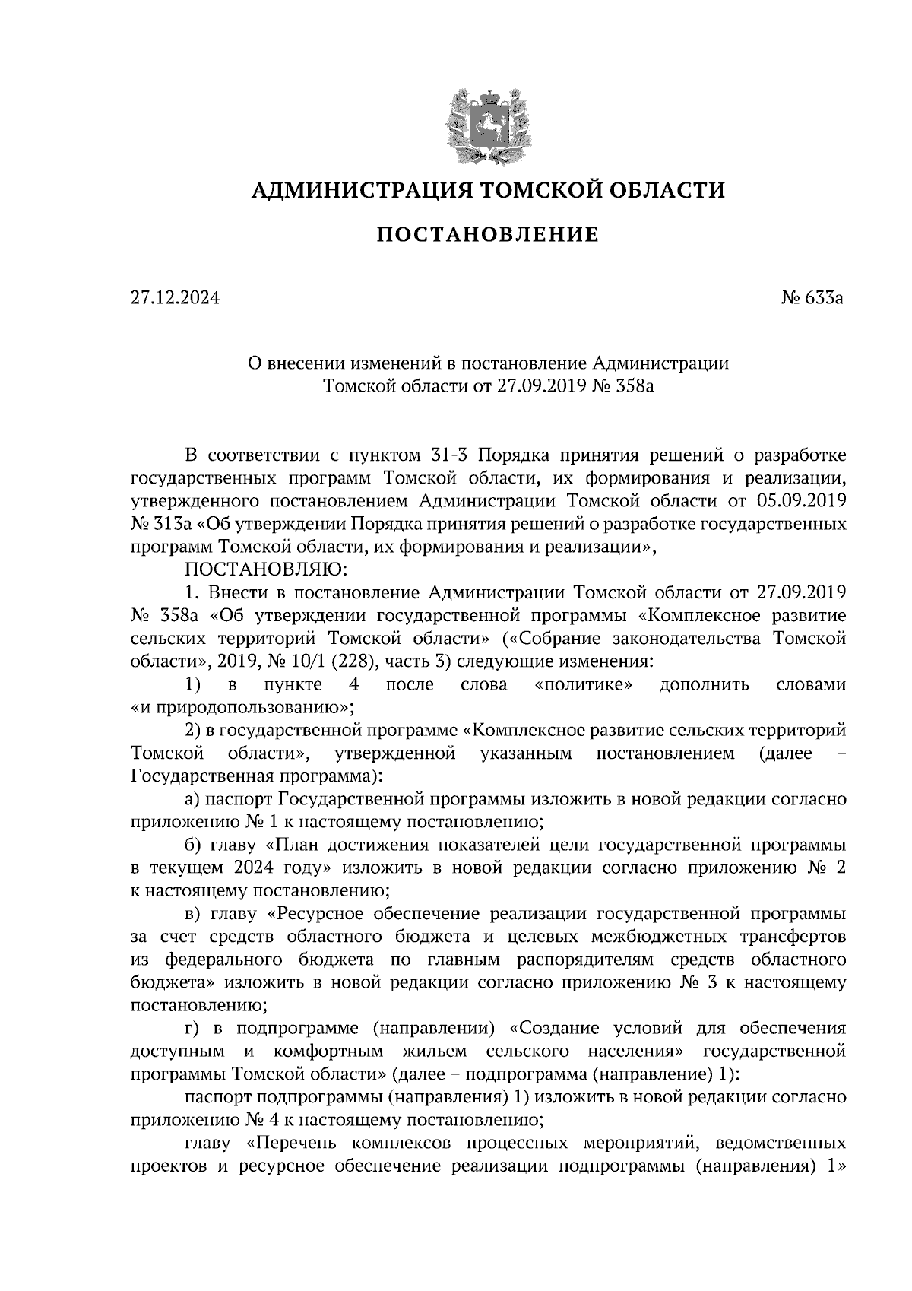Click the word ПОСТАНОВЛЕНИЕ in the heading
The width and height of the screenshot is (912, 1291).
488,235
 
